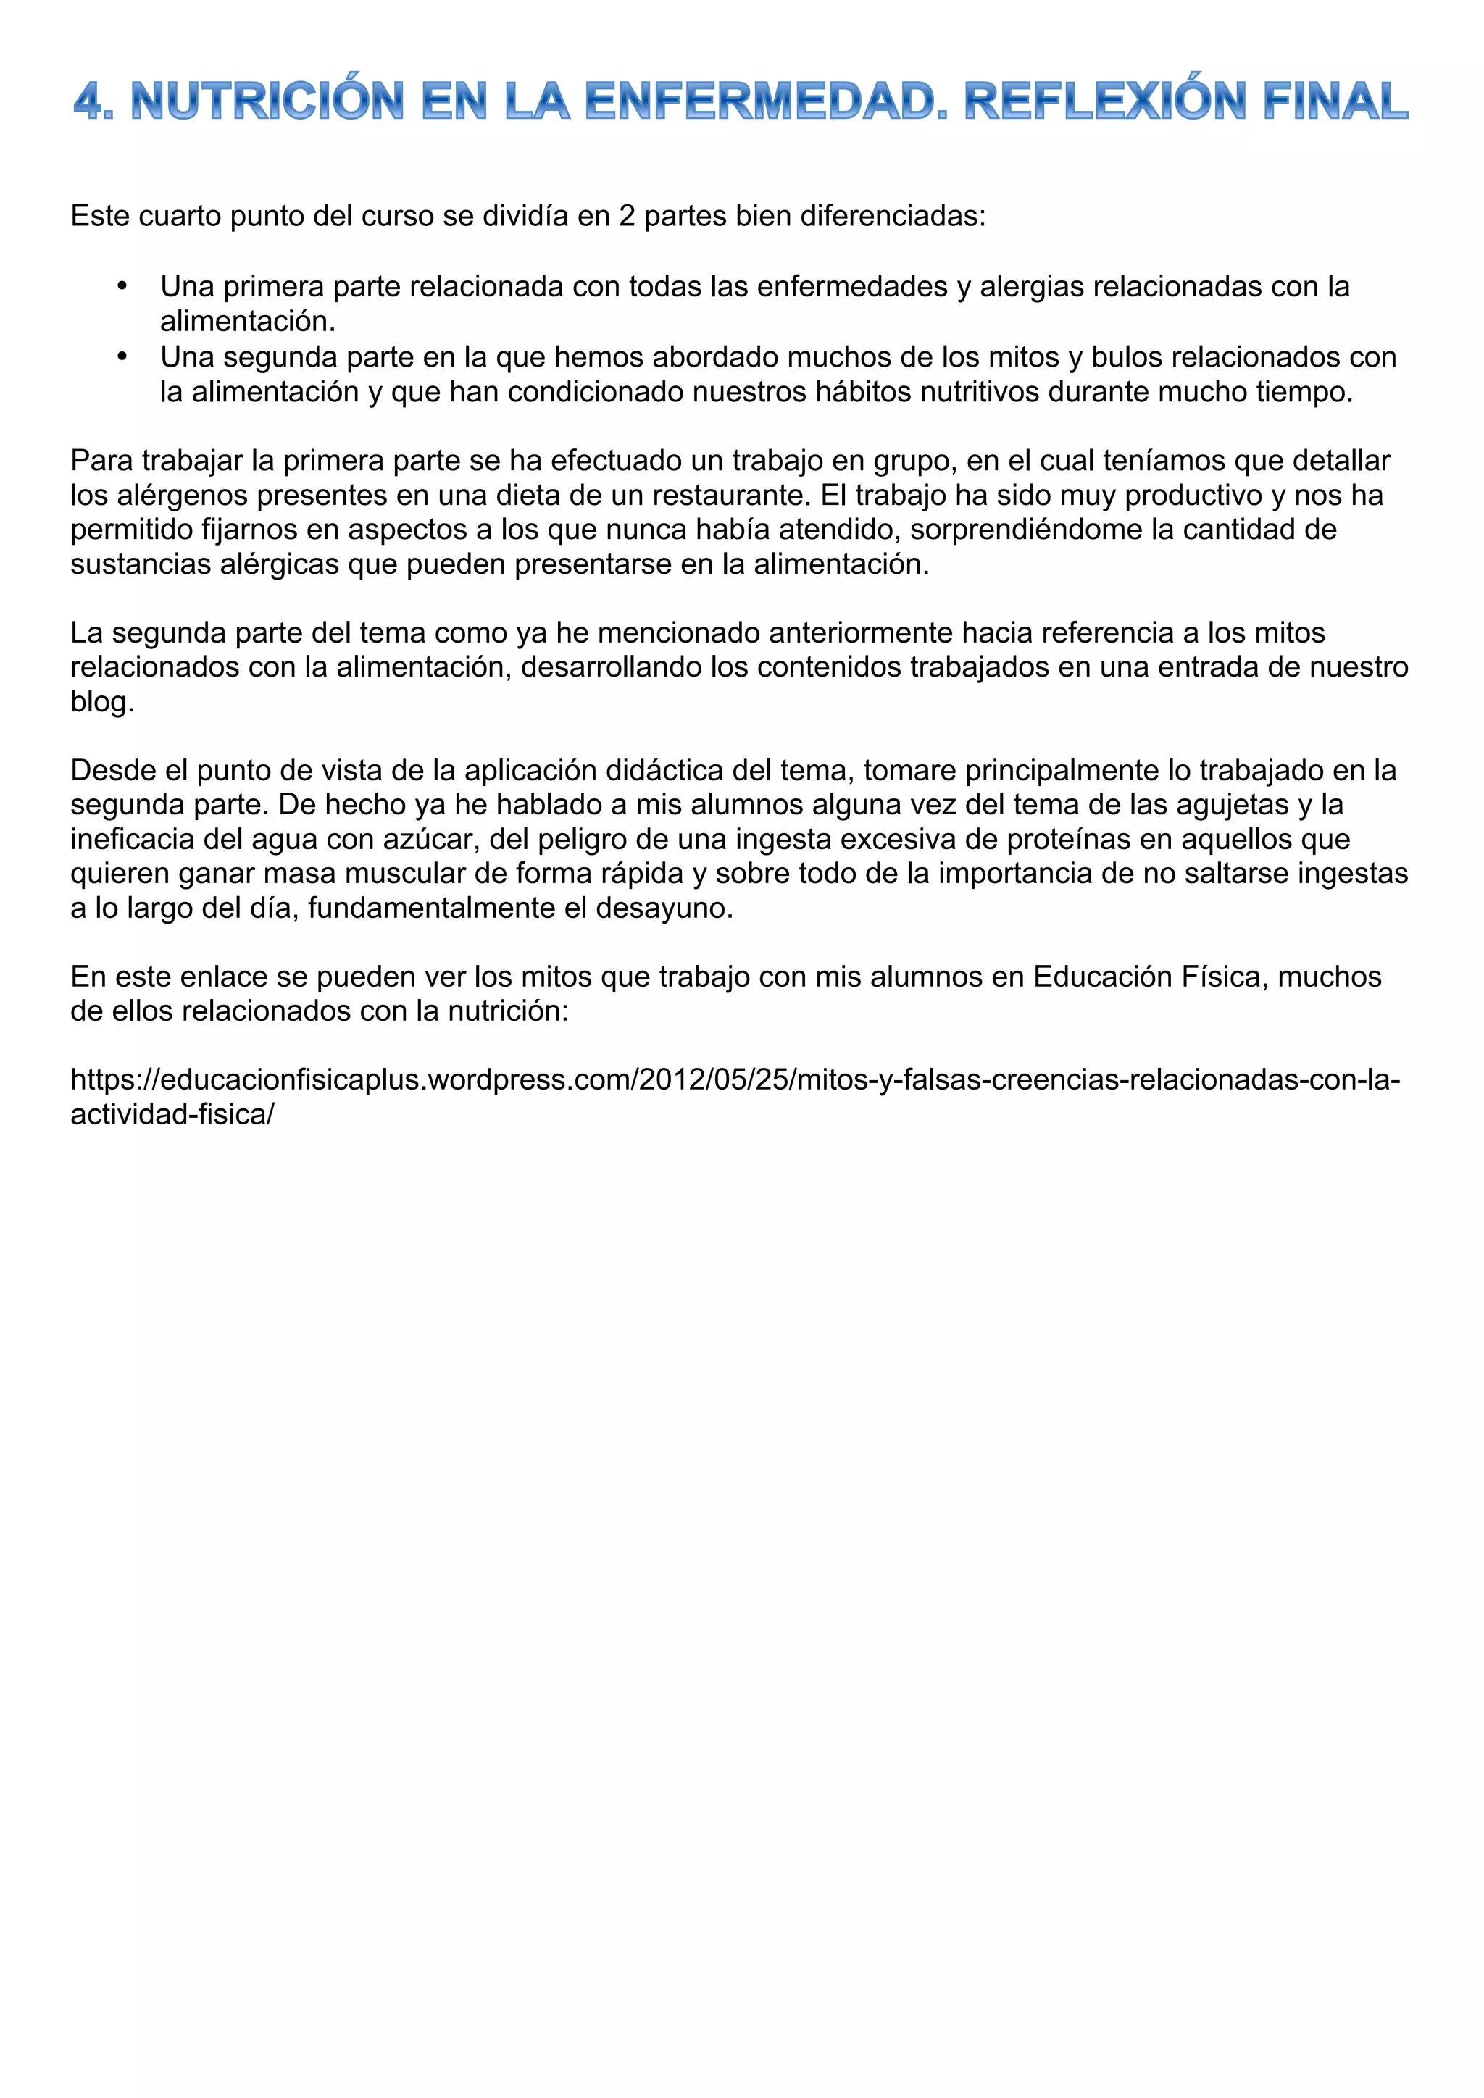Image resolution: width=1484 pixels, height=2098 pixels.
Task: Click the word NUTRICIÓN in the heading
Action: [x=267, y=101]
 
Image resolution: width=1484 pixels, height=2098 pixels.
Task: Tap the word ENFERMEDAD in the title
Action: [x=766, y=101]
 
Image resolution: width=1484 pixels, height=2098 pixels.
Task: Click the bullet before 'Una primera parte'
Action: [x=122, y=286]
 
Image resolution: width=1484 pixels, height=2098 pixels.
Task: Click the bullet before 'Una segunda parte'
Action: [x=122, y=356]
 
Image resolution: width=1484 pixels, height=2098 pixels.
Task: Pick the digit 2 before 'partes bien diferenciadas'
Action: [x=627, y=217]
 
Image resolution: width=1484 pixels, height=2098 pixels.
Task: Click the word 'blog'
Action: [x=101, y=702]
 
